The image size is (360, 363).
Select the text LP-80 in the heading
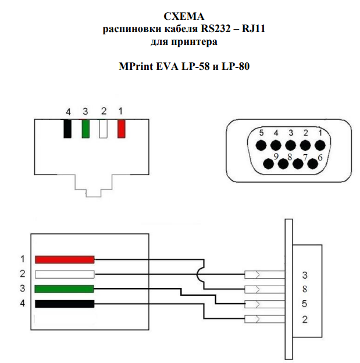click(x=237, y=66)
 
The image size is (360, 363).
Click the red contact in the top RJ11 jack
click(x=121, y=129)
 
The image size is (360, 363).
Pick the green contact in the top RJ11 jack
click(x=85, y=129)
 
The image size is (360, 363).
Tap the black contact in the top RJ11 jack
click(x=67, y=129)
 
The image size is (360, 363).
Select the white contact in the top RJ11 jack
click(x=104, y=129)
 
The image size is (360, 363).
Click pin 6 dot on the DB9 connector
click(x=312, y=163)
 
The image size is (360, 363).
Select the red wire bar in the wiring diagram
click(x=65, y=259)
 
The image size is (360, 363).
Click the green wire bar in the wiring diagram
click(x=65, y=289)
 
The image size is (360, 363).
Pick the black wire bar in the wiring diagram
click(x=65, y=304)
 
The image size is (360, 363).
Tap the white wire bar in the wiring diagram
click(x=65, y=274)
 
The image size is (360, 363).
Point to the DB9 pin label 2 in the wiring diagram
click(x=305, y=319)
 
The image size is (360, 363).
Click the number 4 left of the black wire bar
click(x=22, y=304)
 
